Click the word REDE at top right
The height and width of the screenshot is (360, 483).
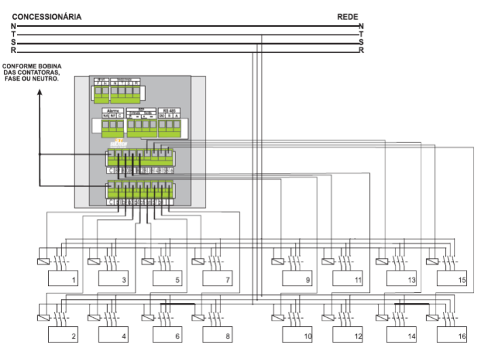(347, 16)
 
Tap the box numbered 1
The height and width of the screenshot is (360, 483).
(64, 278)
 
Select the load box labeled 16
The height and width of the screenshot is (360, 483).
(452, 335)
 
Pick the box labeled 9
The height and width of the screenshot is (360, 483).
(299, 278)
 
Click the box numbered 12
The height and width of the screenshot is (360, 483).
(349, 335)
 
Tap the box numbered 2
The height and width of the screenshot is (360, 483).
(64, 335)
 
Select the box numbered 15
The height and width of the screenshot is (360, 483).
(452, 278)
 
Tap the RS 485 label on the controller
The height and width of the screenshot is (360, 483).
(168, 109)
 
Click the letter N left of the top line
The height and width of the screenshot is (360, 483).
(14, 26)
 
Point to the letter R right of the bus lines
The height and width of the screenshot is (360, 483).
(362, 51)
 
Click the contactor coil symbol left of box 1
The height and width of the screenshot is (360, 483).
(41, 260)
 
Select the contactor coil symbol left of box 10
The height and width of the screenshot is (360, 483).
(276, 317)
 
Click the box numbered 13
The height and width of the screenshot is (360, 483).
(402, 278)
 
